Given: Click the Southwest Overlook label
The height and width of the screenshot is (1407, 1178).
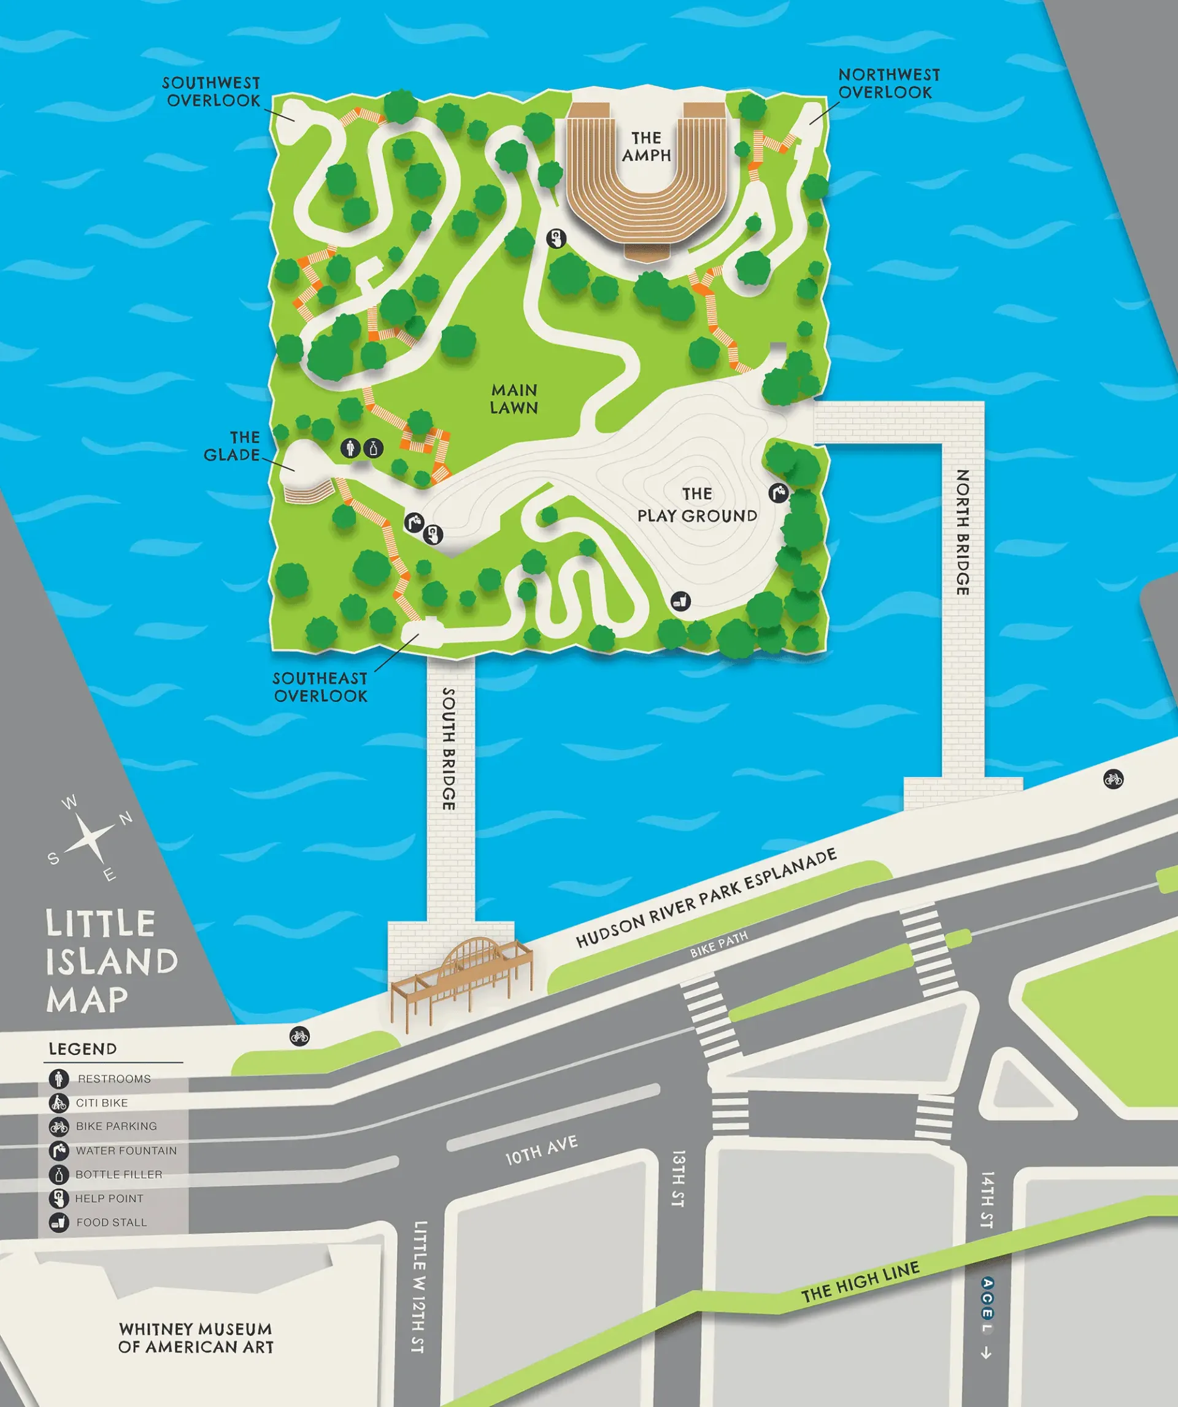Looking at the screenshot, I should click(x=211, y=92).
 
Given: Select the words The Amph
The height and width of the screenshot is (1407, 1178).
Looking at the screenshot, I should click(x=646, y=147).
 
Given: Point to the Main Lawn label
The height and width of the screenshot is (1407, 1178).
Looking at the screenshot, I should click(x=514, y=399).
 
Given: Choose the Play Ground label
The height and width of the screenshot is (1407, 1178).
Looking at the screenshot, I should click(x=697, y=505).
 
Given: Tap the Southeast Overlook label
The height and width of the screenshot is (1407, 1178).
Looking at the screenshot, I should click(x=320, y=687).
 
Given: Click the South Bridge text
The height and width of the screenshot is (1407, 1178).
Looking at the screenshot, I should click(x=450, y=748).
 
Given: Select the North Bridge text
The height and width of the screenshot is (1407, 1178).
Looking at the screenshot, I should click(x=963, y=532).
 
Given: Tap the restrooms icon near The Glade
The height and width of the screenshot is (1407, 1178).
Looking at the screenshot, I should click(x=350, y=448).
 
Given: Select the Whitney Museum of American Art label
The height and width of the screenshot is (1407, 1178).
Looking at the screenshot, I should click(x=196, y=1337).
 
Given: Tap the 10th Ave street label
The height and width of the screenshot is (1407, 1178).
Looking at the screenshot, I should click(x=541, y=1150).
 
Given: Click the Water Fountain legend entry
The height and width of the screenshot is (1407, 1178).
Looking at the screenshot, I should click(x=126, y=1151).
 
